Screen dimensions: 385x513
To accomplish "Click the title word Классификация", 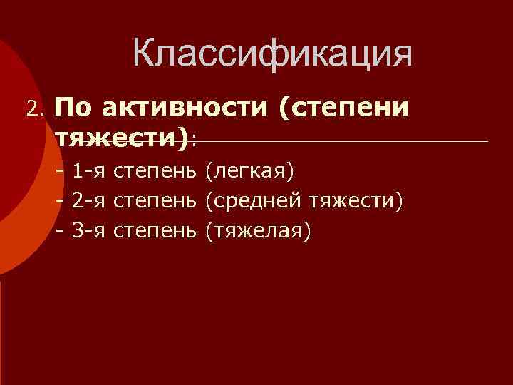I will point(272,54).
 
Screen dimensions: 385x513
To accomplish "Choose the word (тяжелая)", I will point(258,232).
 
